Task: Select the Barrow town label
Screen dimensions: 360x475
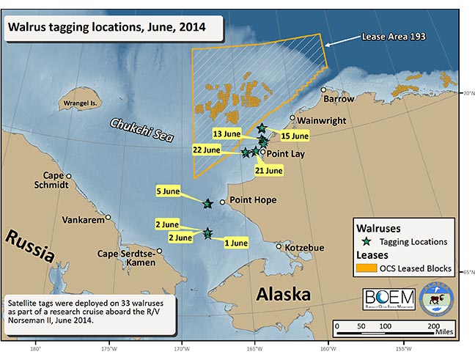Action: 339,98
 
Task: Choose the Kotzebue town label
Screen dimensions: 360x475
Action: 304,248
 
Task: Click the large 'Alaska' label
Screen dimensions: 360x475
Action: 284,295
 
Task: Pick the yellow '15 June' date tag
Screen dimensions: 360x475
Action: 295,136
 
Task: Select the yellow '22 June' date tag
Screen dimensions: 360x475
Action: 205,150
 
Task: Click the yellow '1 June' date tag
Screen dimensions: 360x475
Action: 235,242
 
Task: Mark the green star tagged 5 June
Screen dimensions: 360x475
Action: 207,204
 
